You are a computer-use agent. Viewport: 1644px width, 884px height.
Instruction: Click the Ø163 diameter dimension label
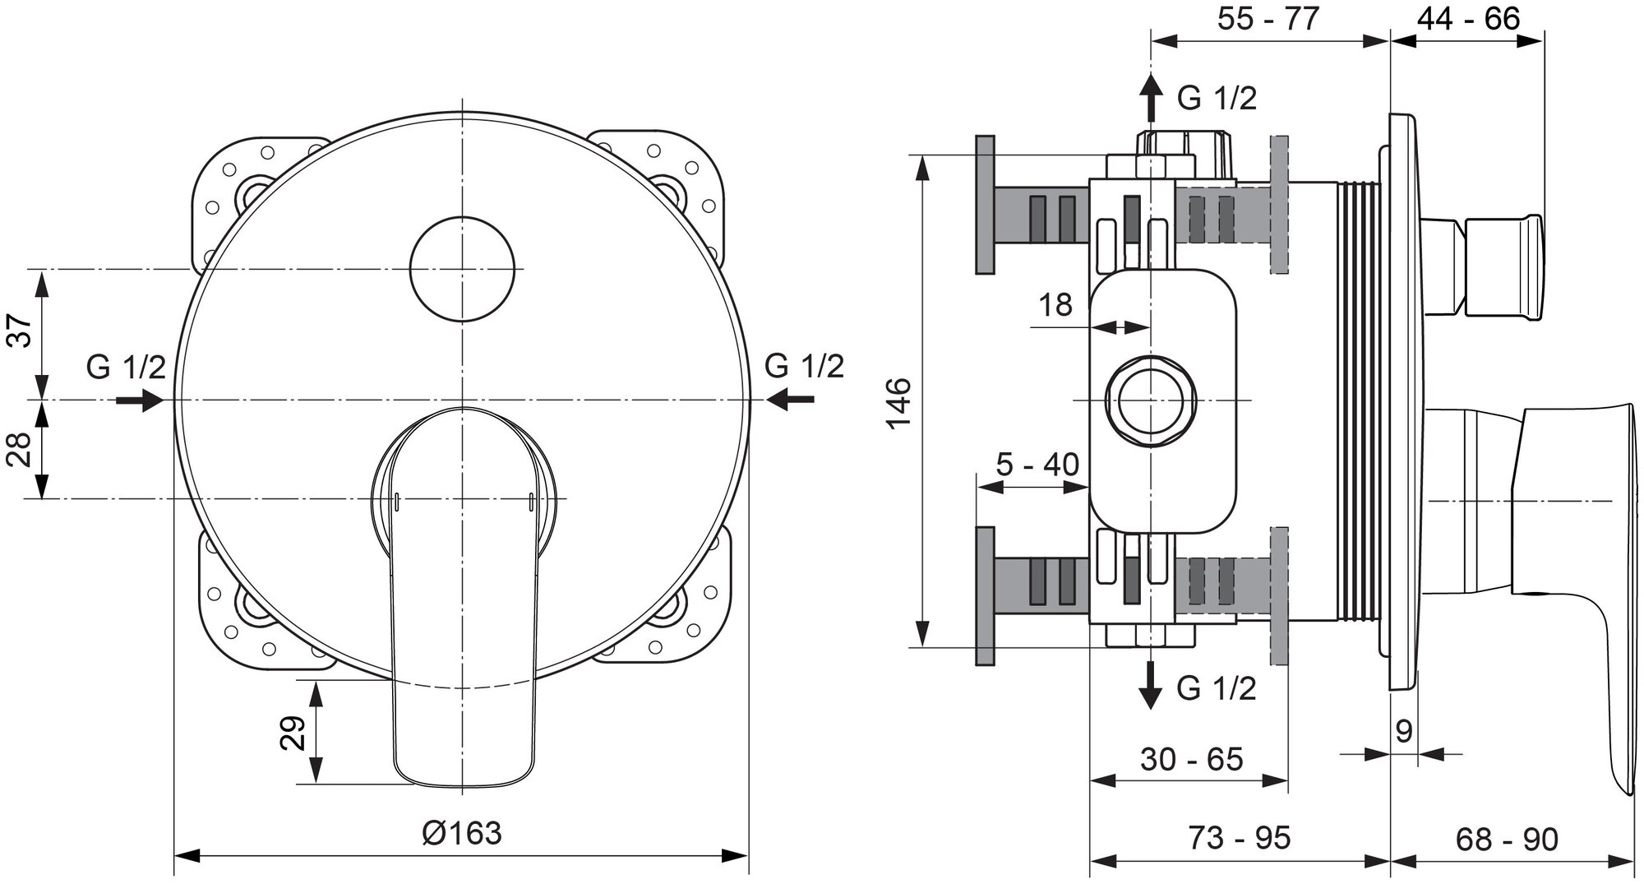tap(461, 832)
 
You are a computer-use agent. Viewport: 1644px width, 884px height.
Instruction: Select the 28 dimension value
tap(22, 448)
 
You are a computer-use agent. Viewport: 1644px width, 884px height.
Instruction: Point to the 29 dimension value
tap(293, 733)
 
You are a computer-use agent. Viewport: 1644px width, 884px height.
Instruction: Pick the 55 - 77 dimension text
tap(1268, 18)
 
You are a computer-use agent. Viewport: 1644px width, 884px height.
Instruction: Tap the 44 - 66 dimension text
tap(1468, 18)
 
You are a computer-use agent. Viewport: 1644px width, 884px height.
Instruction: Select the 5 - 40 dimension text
tap(1037, 465)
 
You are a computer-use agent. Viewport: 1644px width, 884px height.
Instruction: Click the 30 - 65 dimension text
tap(1191, 759)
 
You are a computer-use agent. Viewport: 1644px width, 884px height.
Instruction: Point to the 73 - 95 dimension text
tap(1239, 838)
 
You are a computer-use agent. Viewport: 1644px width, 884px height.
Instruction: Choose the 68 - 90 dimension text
tap(1507, 840)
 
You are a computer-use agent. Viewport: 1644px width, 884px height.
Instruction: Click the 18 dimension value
tap(1055, 305)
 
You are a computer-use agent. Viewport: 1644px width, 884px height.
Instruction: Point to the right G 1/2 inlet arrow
tap(791, 400)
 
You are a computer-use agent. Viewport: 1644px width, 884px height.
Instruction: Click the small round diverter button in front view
tap(462, 269)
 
